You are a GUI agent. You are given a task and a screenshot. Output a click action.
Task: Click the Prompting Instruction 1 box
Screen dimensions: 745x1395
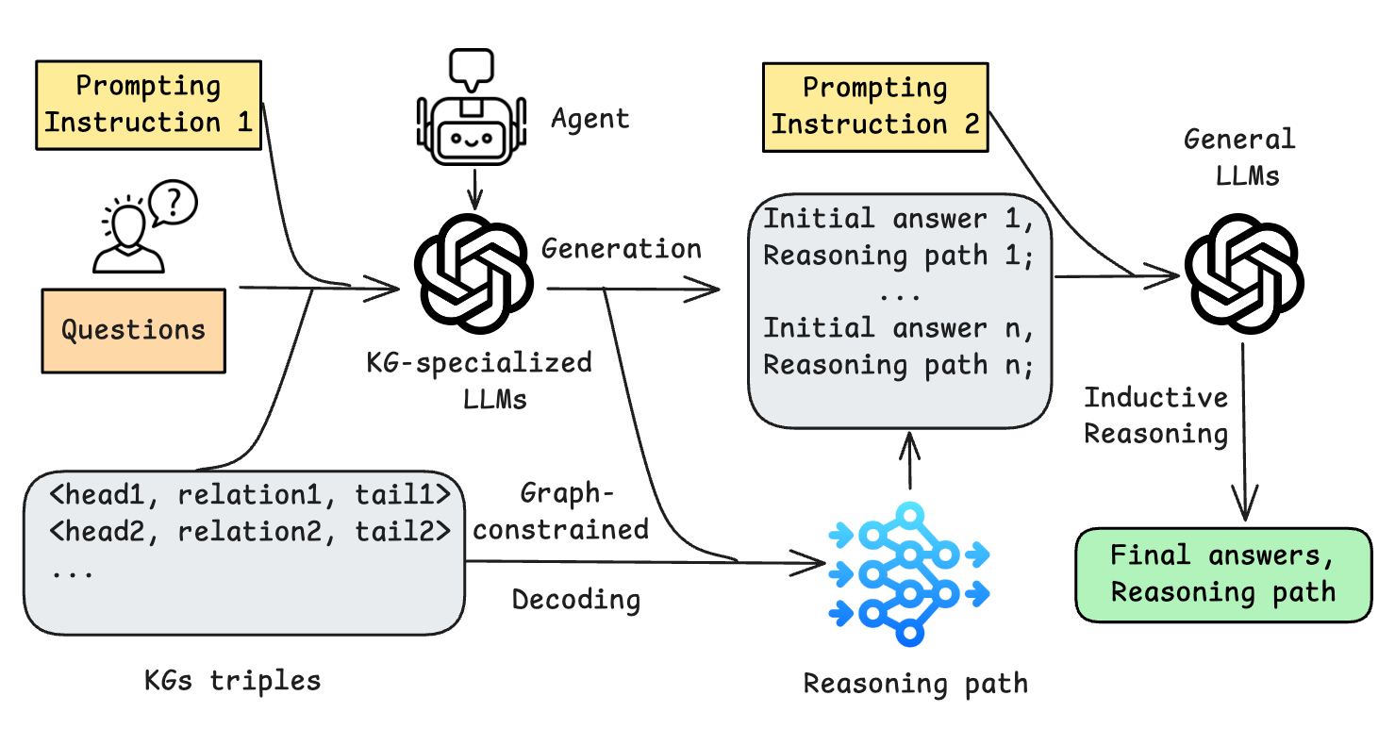point(148,105)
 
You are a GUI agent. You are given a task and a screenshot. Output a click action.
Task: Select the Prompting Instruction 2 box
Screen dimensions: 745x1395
point(875,107)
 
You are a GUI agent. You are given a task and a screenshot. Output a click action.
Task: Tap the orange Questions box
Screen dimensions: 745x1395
point(133,330)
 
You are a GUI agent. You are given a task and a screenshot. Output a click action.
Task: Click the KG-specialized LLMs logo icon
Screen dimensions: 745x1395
point(474,274)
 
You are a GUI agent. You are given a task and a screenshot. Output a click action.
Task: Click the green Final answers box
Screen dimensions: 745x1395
point(1223,574)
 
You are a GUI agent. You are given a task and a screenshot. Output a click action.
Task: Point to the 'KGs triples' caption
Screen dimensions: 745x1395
point(232,680)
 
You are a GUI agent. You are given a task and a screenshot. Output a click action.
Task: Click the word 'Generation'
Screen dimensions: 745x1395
point(621,248)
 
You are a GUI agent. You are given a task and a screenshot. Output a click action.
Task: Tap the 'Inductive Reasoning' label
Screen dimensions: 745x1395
point(1155,415)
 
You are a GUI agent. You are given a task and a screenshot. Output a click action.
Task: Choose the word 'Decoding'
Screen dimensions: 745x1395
point(576,600)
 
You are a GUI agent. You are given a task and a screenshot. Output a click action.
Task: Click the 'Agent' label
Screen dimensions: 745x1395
point(590,119)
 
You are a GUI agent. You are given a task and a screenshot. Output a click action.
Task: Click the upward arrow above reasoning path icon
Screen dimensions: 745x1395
point(909,461)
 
